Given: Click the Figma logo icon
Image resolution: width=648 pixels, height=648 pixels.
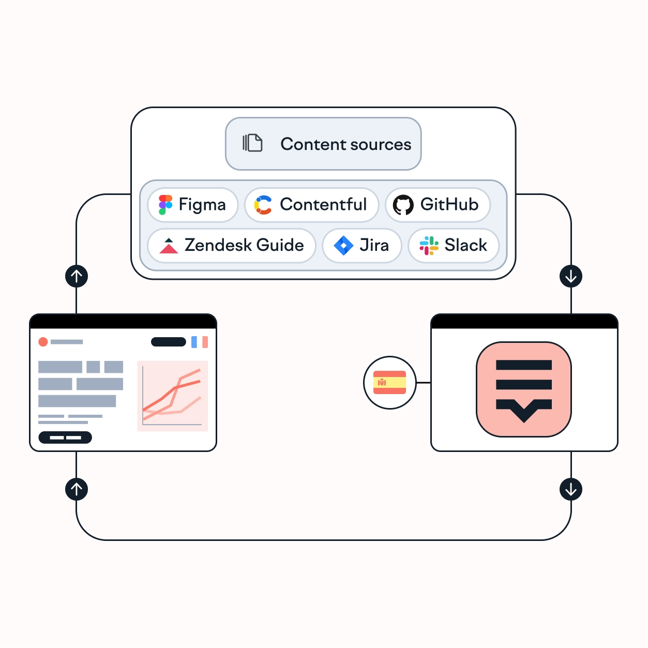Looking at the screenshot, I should coord(165,205).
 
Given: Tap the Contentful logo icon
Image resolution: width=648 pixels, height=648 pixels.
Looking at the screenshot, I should coord(263,205).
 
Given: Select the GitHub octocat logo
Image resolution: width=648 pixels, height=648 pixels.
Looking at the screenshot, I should coord(403,205).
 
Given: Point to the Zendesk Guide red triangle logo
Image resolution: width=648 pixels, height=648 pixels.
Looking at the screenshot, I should coord(169,246).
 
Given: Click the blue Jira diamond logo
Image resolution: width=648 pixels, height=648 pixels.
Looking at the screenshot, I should coord(343,246).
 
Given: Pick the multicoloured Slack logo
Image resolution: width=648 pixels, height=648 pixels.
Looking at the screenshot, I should coord(429,246).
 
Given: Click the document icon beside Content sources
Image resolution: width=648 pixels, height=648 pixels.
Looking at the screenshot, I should coord(253,143).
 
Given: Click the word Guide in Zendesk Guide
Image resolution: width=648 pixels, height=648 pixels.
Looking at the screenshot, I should coord(280,245).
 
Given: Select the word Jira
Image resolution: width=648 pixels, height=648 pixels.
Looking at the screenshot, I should coord(374,245).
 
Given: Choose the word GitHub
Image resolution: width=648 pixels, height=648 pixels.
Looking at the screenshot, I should coord(449,204).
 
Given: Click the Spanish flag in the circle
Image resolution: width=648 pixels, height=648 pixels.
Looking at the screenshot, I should coord(389,383).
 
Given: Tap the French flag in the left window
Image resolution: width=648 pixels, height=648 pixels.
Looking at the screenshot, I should coord(200,342).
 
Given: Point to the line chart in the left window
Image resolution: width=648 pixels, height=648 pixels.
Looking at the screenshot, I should coord(172,396).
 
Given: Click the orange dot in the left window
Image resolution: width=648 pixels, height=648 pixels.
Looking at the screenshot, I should coord(43,342).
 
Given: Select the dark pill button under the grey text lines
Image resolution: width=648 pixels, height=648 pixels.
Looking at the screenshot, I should coord(65,438).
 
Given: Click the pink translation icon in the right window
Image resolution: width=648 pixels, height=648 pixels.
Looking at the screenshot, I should coord(523,389).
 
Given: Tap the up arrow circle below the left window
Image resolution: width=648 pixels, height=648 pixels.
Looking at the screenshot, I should coord(77,489).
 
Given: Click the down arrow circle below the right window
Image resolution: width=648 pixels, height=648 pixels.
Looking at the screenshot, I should coord(571,489).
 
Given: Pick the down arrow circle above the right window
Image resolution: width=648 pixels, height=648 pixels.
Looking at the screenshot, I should coord(571,276).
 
